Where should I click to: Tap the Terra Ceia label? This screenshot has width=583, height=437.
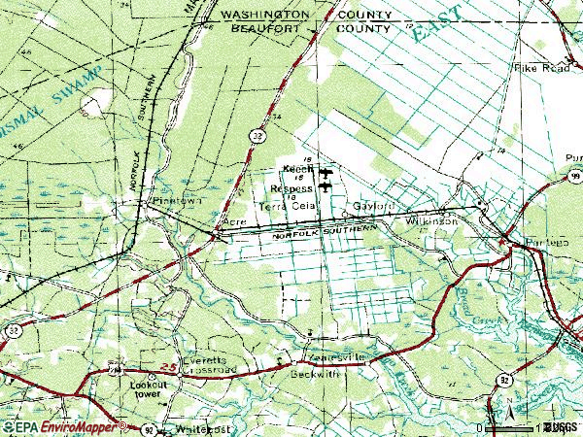pyautogui.click(x=283, y=206)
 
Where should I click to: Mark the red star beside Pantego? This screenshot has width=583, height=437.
pyautogui.click(x=503, y=238)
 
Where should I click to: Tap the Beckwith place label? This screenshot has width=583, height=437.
pyautogui.click(x=316, y=372)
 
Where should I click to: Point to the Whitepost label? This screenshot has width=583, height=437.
pyautogui.click(x=202, y=428)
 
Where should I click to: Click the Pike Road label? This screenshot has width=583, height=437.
pyautogui.click(x=541, y=69)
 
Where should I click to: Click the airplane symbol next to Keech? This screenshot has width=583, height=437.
pyautogui.click(x=324, y=173)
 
